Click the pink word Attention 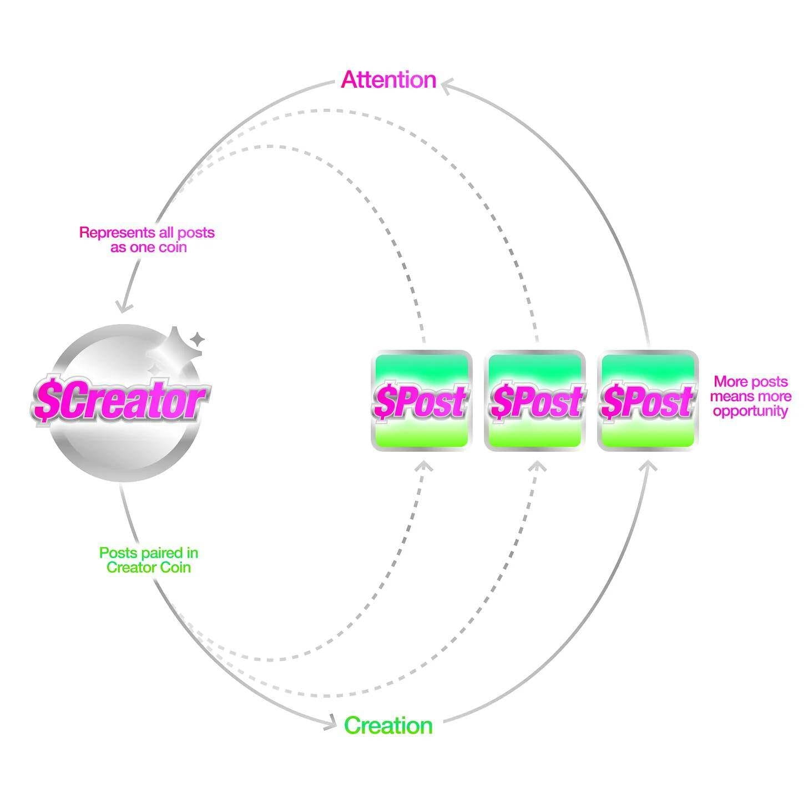(x=388, y=80)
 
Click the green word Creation (x=388, y=726)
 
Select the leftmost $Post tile (x=421, y=400)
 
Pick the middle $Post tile (x=535, y=400)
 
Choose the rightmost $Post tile (x=648, y=400)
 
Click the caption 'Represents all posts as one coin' (x=147, y=240)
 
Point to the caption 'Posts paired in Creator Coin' (x=149, y=560)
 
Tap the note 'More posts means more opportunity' (x=750, y=396)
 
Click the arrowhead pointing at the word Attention (x=446, y=85)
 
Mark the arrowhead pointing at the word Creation (x=331, y=723)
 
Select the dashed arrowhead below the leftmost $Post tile (x=424, y=466)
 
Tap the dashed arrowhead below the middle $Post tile (x=537, y=466)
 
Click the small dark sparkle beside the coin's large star (x=196, y=338)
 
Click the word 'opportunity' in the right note (x=750, y=411)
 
